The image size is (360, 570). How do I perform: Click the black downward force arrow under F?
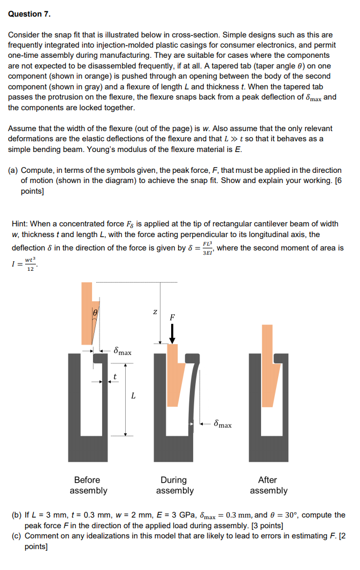pos(172,334)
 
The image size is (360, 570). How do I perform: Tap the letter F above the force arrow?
pos(172,317)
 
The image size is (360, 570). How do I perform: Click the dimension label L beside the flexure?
pos(133,397)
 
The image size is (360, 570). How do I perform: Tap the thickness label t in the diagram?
pos(113,377)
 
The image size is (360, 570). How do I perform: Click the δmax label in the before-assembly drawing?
pos(122,352)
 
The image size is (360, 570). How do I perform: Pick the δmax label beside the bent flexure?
pos(222,424)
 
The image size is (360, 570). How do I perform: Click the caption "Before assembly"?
pos(88,485)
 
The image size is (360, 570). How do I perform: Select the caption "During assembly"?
pos(174,485)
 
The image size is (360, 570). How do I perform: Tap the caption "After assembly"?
pos(269,485)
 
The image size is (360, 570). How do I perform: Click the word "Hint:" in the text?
pos(21,224)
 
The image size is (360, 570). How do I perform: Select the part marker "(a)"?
pos(13,170)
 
